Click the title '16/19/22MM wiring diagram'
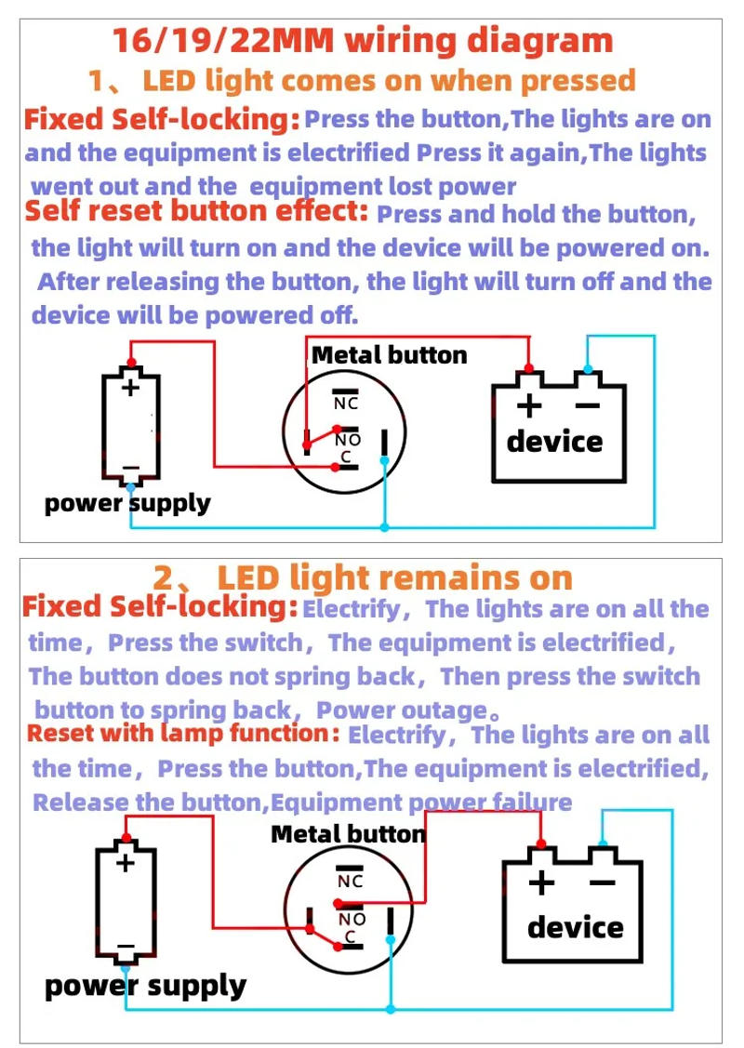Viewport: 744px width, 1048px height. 363,41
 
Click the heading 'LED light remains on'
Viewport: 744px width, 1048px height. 394,577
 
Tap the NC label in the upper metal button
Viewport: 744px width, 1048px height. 346,404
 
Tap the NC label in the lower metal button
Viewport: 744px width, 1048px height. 350,882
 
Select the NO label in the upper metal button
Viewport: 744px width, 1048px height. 348,440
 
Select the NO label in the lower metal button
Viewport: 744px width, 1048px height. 352,919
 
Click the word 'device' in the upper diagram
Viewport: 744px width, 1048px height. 554,441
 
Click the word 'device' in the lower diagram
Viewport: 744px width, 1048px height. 575,927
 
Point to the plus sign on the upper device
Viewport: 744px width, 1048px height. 529,405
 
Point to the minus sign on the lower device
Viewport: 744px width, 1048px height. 602,883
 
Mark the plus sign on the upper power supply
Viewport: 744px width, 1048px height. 131,387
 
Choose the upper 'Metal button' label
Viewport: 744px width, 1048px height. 389,354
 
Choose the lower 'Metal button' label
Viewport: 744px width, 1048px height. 348,834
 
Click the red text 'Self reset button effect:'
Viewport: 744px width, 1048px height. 196,210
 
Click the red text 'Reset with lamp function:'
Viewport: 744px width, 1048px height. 183,733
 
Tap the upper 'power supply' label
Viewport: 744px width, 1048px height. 127,504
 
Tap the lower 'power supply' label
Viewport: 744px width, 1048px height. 145,986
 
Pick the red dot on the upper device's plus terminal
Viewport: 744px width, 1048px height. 529,367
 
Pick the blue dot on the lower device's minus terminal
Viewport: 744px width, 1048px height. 603,845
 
